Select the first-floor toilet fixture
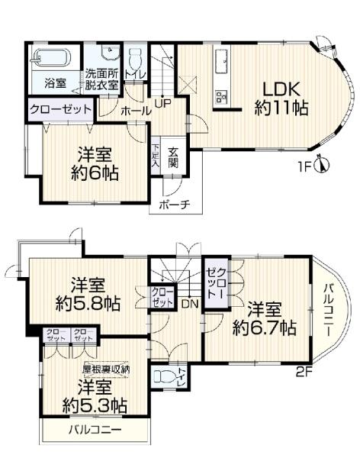coord(135,59)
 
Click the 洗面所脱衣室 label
coord(101,79)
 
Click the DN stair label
coord(189,303)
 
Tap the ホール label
coord(135,111)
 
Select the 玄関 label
coord(173,156)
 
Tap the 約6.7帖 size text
coord(265,328)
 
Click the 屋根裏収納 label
coord(106,369)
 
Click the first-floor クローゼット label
coord(61,109)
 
